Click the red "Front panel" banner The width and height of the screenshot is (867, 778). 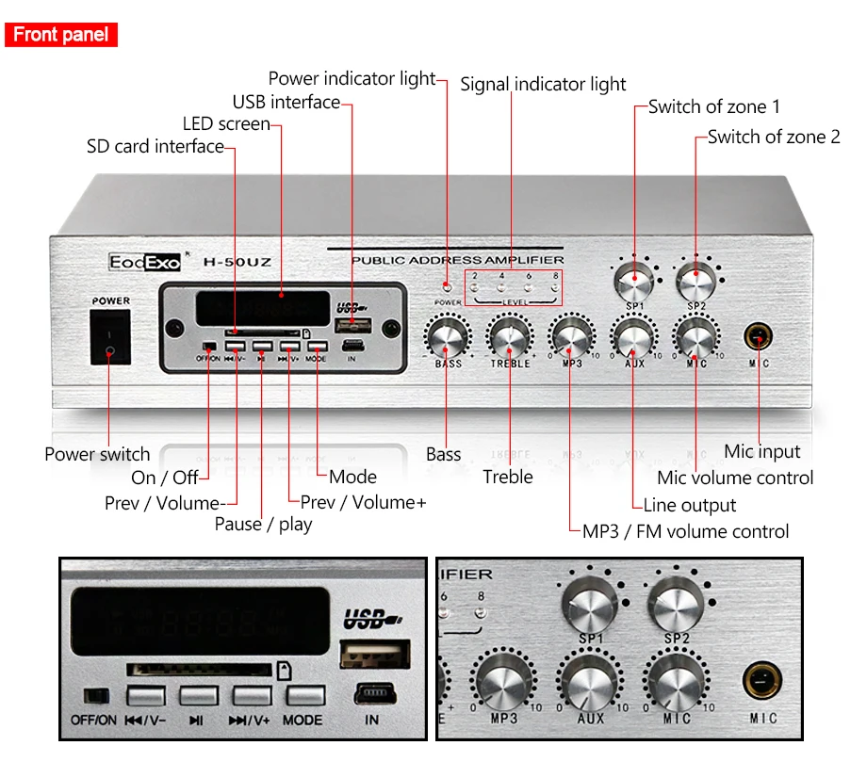[x=61, y=36]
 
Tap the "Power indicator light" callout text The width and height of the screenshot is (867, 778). [x=352, y=78]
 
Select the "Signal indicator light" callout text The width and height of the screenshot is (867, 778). [x=543, y=84]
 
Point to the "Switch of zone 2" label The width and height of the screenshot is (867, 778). [x=774, y=137]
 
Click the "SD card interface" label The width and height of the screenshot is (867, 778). [x=155, y=146]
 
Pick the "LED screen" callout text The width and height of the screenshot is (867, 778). [x=226, y=123]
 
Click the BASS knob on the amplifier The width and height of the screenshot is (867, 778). [x=448, y=335]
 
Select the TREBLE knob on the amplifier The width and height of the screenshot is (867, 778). [x=510, y=335]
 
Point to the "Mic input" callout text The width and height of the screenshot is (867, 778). [x=762, y=451]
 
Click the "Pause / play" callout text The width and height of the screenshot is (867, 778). [x=263, y=524]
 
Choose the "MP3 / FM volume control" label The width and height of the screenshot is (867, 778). [x=685, y=531]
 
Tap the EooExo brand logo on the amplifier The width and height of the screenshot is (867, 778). [x=144, y=261]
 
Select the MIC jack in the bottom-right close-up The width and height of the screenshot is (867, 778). [x=763, y=681]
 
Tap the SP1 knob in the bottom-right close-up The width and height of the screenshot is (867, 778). [x=591, y=603]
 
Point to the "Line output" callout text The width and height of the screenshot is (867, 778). [x=702, y=504]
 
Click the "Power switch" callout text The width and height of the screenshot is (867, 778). [x=97, y=454]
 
